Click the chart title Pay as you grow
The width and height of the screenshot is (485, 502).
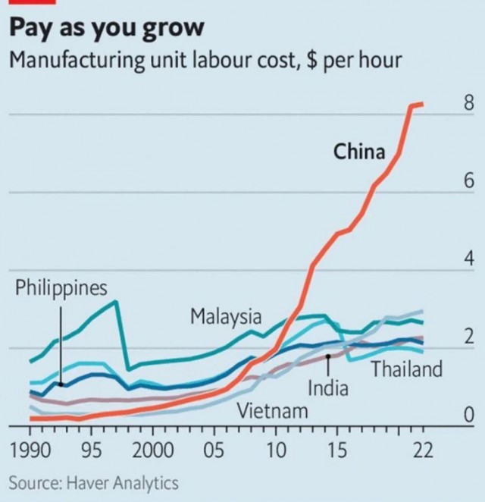click(107, 29)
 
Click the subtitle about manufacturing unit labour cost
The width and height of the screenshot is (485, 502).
click(205, 61)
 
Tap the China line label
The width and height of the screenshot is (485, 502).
click(359, 152)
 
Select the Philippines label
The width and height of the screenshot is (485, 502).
click(61, 288)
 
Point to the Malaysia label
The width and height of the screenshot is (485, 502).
click(226, 317)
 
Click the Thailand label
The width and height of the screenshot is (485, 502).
click(407, 369)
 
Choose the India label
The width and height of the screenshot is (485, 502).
click(328, 388)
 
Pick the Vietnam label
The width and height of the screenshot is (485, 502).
click(272, 411)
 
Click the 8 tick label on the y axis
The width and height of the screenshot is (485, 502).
click(468, 103)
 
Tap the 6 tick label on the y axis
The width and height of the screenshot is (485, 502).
click(468, 180)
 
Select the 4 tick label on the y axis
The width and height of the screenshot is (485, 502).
click(468, 259)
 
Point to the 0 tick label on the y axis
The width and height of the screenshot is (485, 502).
click(468, 415)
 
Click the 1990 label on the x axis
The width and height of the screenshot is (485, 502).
click(30, 450)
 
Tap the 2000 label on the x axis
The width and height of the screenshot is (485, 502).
click(153, 450)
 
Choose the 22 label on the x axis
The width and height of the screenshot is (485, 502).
click(423, 450)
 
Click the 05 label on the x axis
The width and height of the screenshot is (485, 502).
click(214, 450)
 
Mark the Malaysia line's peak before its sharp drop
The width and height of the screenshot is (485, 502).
click(116, 301)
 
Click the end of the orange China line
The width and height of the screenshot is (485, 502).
click(423, 104)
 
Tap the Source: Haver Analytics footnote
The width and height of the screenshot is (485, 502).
click(93, 483)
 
